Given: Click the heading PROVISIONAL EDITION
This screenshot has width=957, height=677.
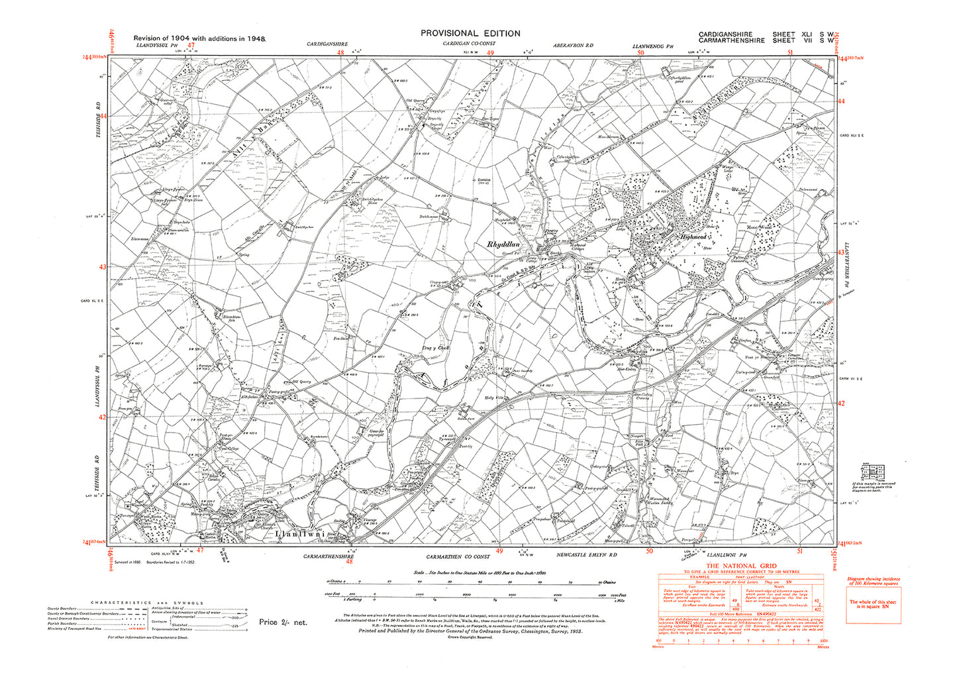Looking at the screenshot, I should [x=470, y=33].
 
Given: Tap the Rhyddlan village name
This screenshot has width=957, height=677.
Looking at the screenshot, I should [x=506, y=244].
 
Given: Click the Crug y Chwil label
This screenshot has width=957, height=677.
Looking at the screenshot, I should [x=436, y=346].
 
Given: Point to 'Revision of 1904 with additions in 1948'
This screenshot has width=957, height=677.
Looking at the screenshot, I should [x=199, y=39].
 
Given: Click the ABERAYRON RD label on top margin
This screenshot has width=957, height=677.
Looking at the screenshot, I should [x=573, y=44].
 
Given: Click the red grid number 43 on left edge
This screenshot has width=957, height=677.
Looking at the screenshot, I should [x=103, y=267].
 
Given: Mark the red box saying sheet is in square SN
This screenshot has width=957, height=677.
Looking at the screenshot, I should [x=874, y=604].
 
